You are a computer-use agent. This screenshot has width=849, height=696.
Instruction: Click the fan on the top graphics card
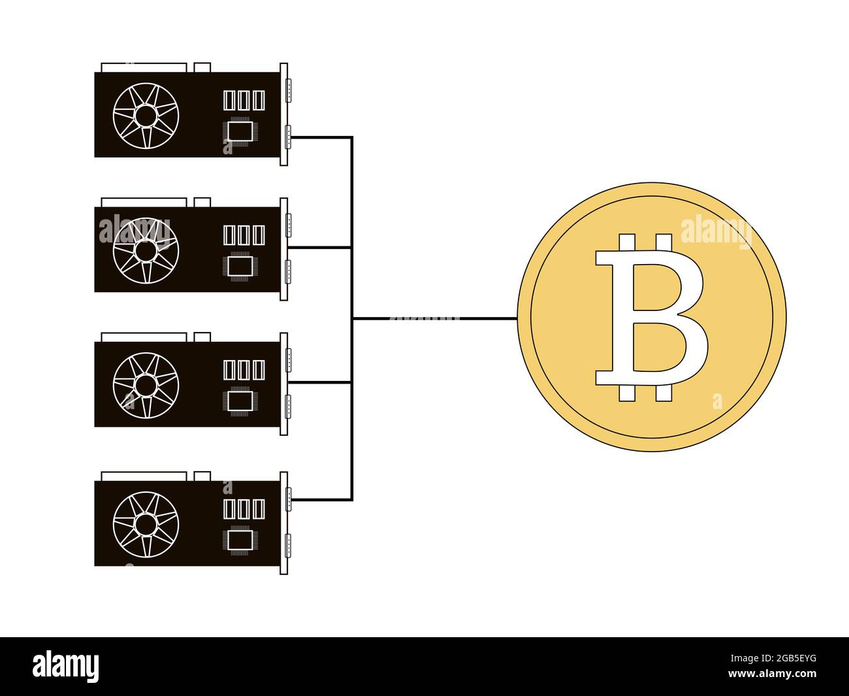pyautogui.click(x=146, y=115)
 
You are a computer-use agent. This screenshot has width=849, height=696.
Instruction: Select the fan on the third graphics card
pyautogui.click(x=146, y=385)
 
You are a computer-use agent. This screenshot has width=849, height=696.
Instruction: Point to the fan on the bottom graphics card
pyautogui.click(x=146, y=524)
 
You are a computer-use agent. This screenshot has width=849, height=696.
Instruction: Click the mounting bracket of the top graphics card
pyautogui.click(x=283, y=114)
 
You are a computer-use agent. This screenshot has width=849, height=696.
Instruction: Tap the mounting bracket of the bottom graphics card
pyautogui.click(x=283, y=523)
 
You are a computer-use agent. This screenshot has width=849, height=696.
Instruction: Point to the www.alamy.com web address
pyautogui.click(x=772, y=674)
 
